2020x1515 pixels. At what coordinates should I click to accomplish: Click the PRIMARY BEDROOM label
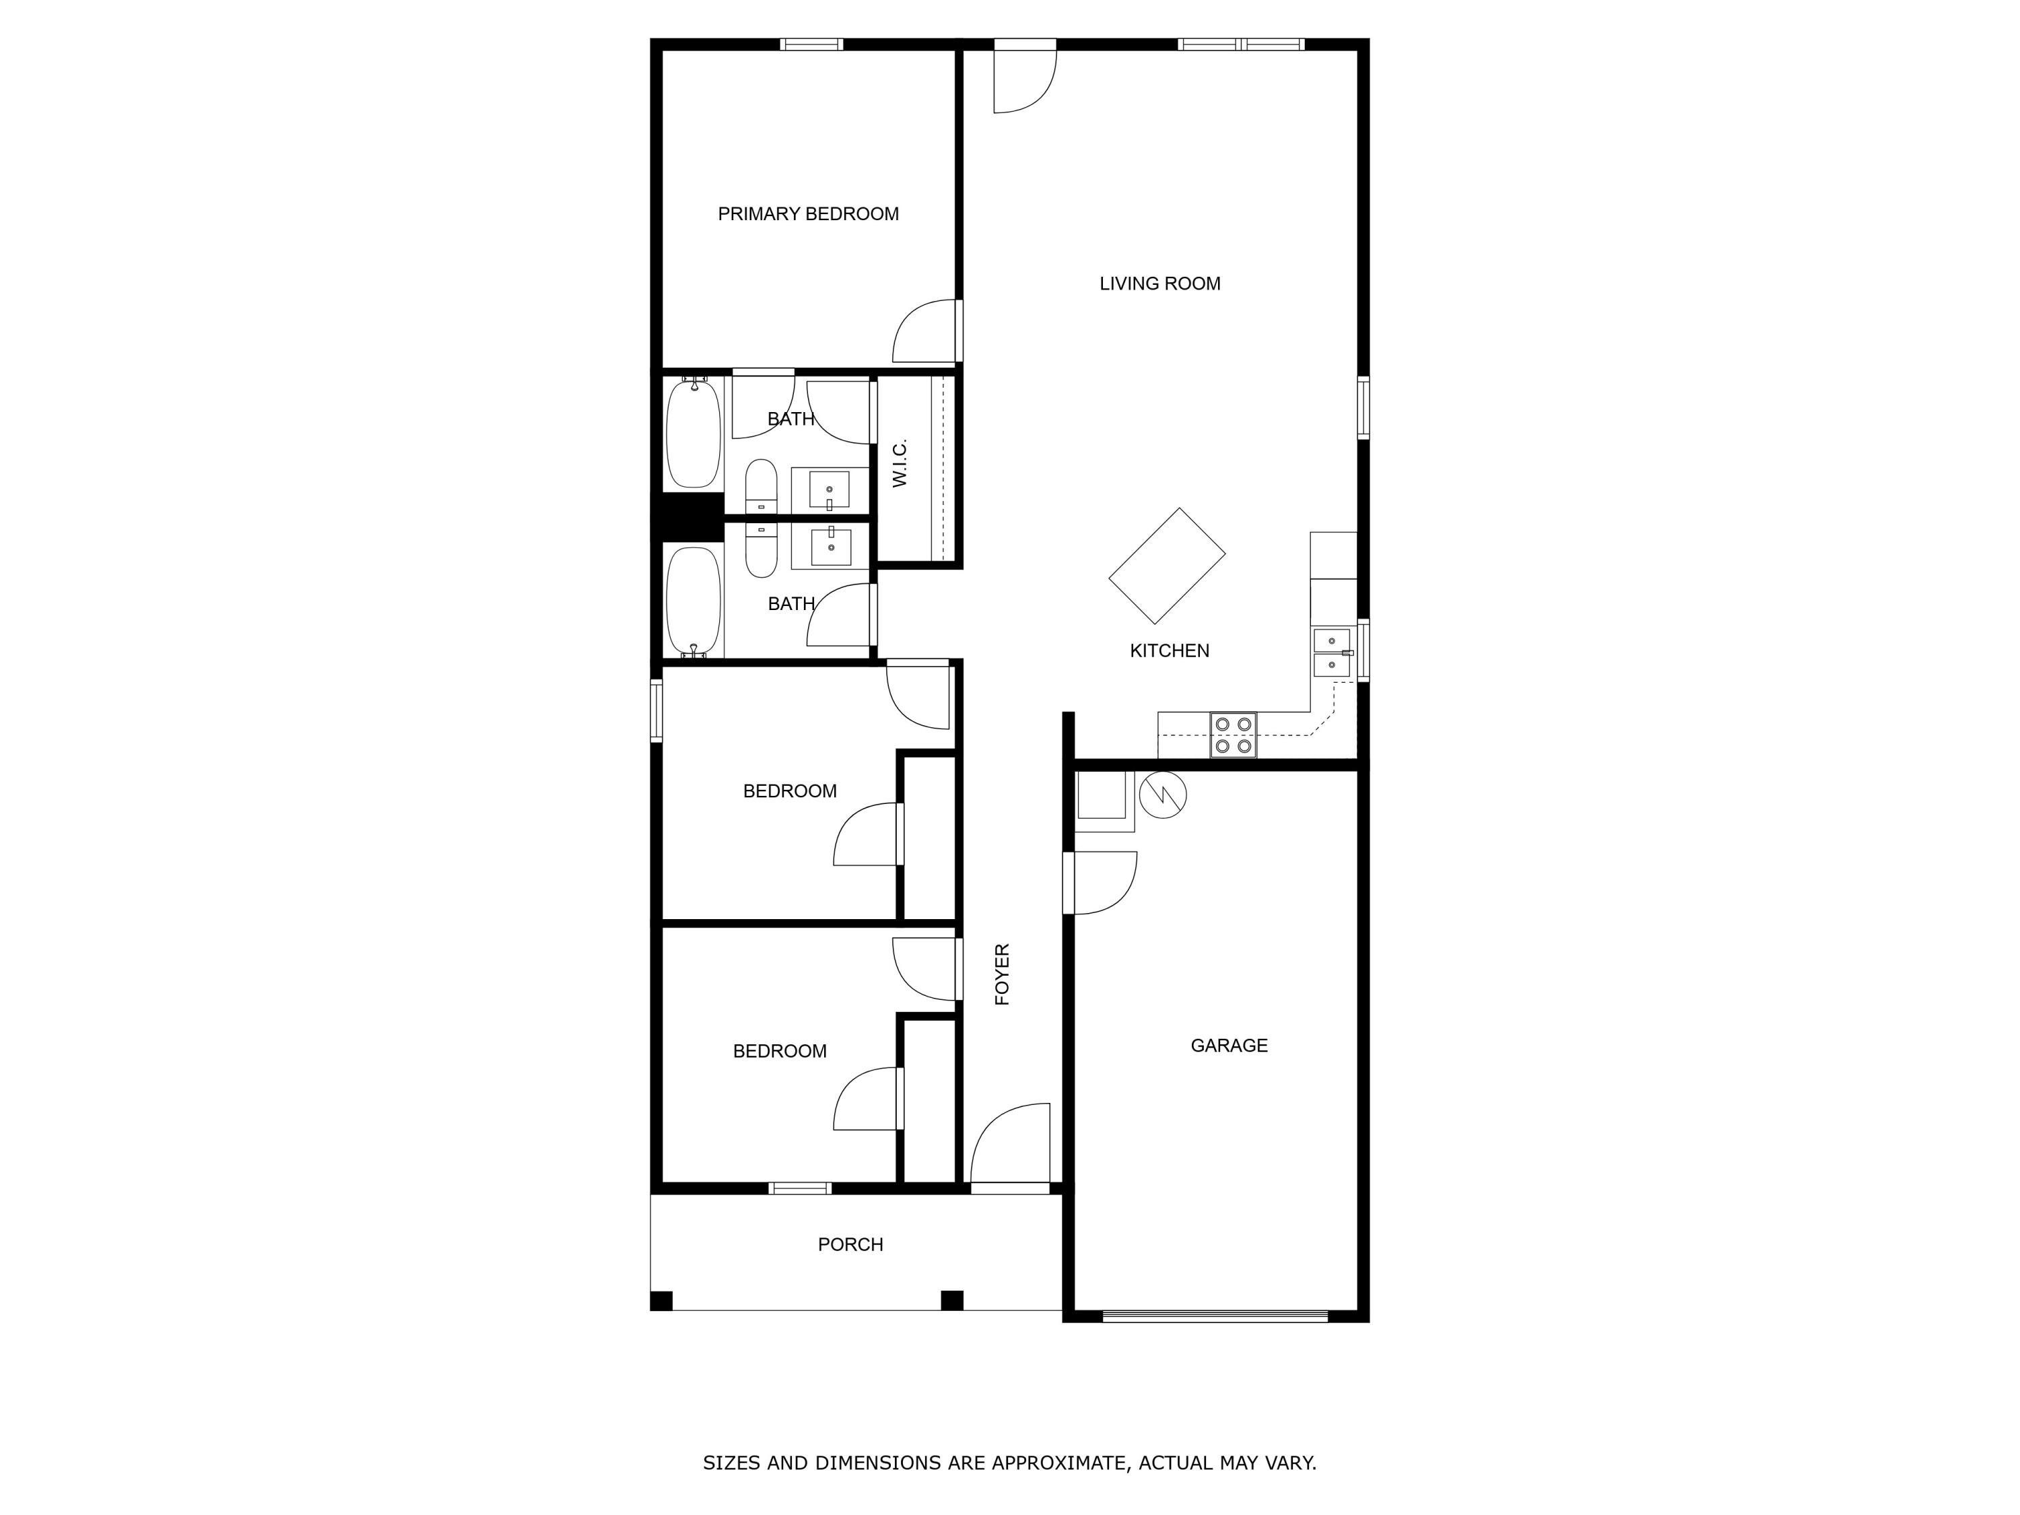coord(807,213)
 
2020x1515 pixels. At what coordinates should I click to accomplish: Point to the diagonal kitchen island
coord(1166,566)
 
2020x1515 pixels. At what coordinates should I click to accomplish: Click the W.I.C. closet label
coord(900,463)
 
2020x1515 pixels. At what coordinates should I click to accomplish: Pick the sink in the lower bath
coord(830,546)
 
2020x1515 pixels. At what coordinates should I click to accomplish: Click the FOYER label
coord(1002,974)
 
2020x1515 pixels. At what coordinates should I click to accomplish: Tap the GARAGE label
coord(1228,1046)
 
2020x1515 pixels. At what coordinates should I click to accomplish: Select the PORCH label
coord(850,1245)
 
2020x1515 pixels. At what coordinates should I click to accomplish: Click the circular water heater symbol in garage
coord(1162,795)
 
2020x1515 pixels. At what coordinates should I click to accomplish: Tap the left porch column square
coord(661,1300)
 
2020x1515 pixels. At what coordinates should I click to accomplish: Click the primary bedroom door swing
coord(925,331)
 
